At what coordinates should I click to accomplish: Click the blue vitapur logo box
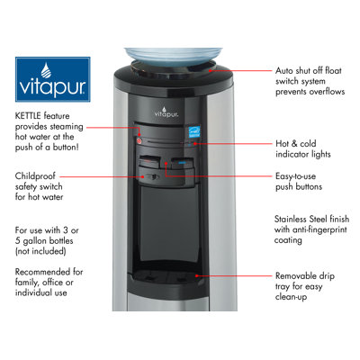pos(53,79)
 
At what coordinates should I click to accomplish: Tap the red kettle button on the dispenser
pos(139,140)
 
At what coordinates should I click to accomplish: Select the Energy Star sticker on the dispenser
pos(194,132)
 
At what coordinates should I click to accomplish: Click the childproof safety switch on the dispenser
pos(151,176)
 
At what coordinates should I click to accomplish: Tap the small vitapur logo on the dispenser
pos(166,112)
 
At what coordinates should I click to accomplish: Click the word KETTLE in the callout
pos(28,116)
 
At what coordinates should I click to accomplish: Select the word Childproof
pos(35,176)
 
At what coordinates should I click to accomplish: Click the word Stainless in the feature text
pos(290,219)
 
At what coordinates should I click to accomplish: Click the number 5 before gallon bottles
pos(18,241)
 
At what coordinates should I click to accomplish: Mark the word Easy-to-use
pos(295,176)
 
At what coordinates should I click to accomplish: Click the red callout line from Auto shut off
pos(240,71)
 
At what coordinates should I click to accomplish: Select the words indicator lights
pos(303,154)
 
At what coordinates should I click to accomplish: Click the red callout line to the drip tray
pos(234,275)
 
